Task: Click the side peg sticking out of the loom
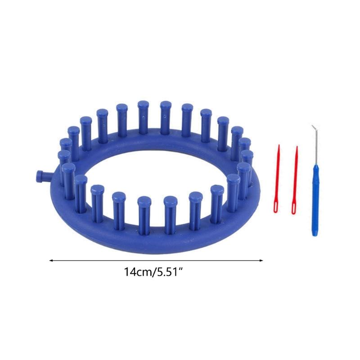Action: pos(43,176)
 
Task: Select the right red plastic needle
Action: pos(295,180)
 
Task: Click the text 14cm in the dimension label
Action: pos(138,272)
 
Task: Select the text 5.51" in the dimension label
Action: pos(168,272)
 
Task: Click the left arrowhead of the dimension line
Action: pos(51,261)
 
